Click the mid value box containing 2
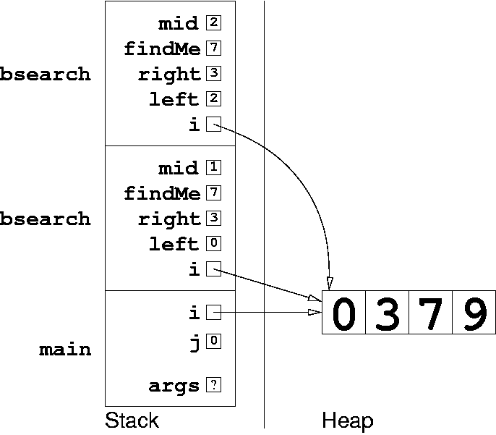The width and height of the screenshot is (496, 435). pyautogui.click(x=213, y=22)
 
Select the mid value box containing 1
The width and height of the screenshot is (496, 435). pyautogui.click(x=213, y=167)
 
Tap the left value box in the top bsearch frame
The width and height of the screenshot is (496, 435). pyautogui.click(x=213, y=98)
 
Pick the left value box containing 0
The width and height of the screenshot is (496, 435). pyautogui.click(x=213, y=243)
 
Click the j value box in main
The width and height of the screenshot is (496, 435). pyautogui.click(x=213, y=342)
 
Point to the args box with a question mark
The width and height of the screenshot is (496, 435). pyautogui.click(x=213, y=385)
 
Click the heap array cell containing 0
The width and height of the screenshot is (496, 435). pyautogui.click(x=344, y=312)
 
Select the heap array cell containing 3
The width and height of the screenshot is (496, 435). pyautogui.click(x=388, y=312)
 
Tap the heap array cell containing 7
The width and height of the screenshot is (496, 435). pyautogui.click(x=430, y=312)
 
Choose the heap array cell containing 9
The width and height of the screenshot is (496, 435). pyautogui.click(x=474, y=312)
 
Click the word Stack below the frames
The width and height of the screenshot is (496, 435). pyautogui.click(x=132, y=421)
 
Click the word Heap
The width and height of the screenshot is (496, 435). pyautogui.click(x=348, y=421)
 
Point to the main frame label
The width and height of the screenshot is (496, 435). pyautogui.click(x=65, y=350)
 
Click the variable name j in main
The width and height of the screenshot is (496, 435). pyautogui.click(x=195, y=344)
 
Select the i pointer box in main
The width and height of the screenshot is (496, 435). pyautogui.click(x=213, y=313)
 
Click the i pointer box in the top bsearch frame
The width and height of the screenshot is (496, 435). pyautogui.click(x=213, y=124)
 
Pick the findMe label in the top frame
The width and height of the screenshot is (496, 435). pyautogui.click(x=162, y=48)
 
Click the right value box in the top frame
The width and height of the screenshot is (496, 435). pyautogui.click(x=213, y=73)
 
